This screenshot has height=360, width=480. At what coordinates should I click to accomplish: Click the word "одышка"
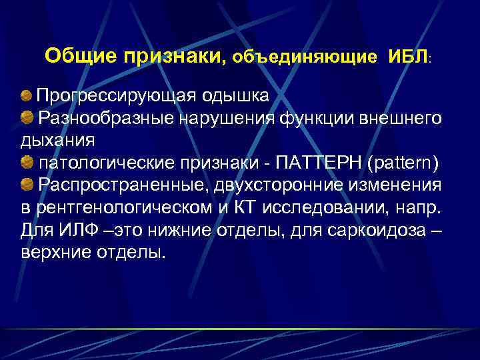(x=238, y=97)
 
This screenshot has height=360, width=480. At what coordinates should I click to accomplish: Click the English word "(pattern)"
(x=407, y=164)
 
